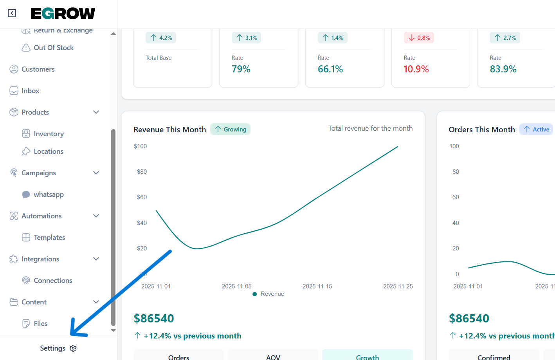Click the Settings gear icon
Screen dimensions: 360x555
(73, 348)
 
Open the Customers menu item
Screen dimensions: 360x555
(38, 69)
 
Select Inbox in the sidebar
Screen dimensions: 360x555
(30, 91)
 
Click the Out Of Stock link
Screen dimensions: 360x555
(53, 48)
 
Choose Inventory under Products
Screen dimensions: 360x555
(49, 134)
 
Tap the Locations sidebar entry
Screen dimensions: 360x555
(48, 151)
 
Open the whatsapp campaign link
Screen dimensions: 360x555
(49, 194)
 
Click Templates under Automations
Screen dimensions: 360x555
(49, 238)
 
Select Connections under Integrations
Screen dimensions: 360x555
(53, 281)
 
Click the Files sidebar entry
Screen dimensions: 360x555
(40, 324)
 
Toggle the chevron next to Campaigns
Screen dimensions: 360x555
(96, 173)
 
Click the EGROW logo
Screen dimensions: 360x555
(63, 14)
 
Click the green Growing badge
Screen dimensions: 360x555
(231, 129)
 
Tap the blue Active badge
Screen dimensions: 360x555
(536, 129)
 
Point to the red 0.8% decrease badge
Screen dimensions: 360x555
(419, 38)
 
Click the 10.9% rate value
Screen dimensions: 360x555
(416, 69)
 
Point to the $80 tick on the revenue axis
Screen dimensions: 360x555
(142, 172)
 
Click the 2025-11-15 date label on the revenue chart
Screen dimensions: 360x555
(317, 286)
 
